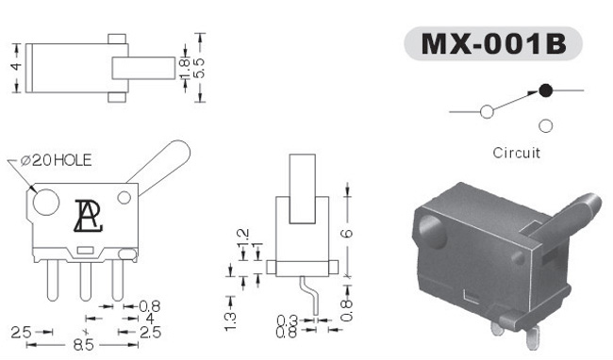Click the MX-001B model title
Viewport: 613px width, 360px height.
(x=494, y=43)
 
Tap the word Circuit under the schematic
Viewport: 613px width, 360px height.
(x=517, y=153)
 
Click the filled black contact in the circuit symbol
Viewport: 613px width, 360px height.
(x=545, y=90)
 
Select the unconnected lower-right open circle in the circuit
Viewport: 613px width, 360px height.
(x=545, y=125)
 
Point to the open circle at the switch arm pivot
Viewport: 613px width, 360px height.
(x=487, y=111)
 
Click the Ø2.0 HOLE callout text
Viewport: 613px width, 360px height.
(x=56, y=160)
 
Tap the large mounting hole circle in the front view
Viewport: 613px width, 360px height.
(x=46, y=203)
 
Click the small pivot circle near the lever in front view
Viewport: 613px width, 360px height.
(x=124, y=198)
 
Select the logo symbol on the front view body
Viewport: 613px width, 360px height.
(x=89, y=216)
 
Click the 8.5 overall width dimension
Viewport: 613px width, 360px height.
(x=84, y=345)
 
